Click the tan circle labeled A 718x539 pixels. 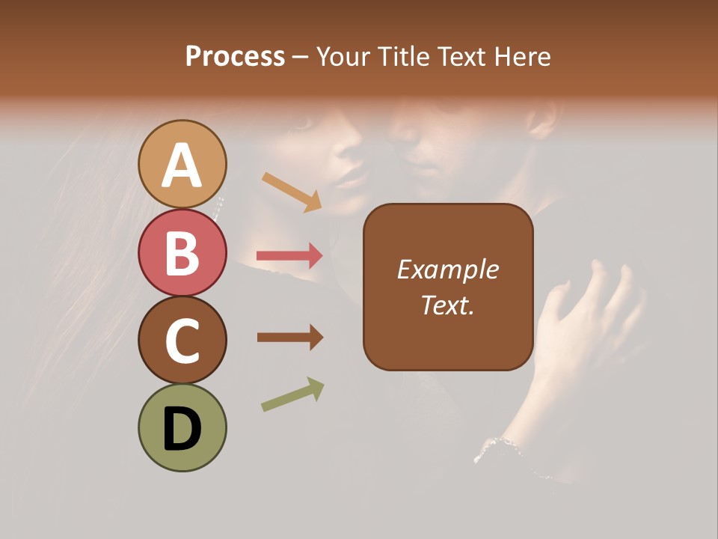tap(182, 164)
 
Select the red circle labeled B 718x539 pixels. tap(182, 252)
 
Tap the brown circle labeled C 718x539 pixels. tap(182, 340)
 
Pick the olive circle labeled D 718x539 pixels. tap(182, 427)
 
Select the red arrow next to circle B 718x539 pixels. tap(289, 256)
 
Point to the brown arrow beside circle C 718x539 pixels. tap(289, 338)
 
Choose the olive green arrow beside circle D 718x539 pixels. tap(292, 395)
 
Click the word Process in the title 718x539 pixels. tap(235, 56)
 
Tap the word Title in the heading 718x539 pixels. tap(405, 56)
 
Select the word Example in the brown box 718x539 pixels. tap(447, 269)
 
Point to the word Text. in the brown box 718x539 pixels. tap(447, 305)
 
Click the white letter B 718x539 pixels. tap(182, 252)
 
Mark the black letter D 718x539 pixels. tap(182, 429)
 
